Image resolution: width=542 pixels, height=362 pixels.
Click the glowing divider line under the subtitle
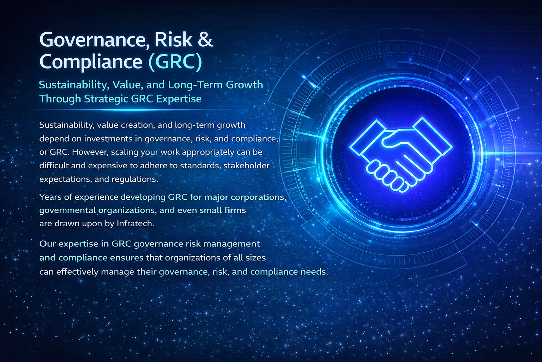[x=135, y=110]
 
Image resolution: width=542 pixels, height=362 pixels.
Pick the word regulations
[x=134, y=180]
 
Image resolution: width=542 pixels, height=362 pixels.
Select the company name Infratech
[x=135, y=223]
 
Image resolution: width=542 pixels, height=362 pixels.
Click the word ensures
[x=127, y=258]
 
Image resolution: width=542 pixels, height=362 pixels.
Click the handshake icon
[x=401, y=154]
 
